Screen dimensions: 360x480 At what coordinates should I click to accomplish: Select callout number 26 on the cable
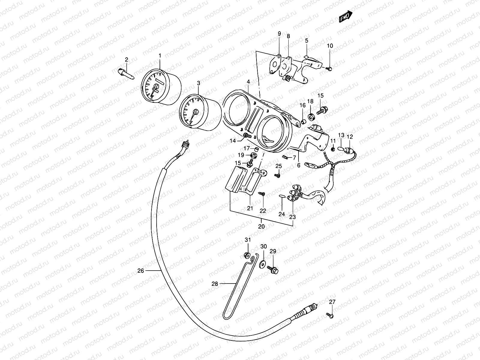click(x=141, y=271)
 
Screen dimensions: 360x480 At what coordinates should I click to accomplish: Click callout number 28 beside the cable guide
click(x=215, y=283)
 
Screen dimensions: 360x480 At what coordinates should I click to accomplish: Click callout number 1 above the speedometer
click(x=160, y=55)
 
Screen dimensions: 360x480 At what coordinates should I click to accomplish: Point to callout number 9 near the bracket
click(x=279, y=34)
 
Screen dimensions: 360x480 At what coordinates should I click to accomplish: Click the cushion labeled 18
click(x=311, y=115)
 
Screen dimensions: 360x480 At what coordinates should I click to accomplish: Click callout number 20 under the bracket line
click(x=262, y=226)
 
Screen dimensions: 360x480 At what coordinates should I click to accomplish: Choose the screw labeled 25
click(x=278, y=175)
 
